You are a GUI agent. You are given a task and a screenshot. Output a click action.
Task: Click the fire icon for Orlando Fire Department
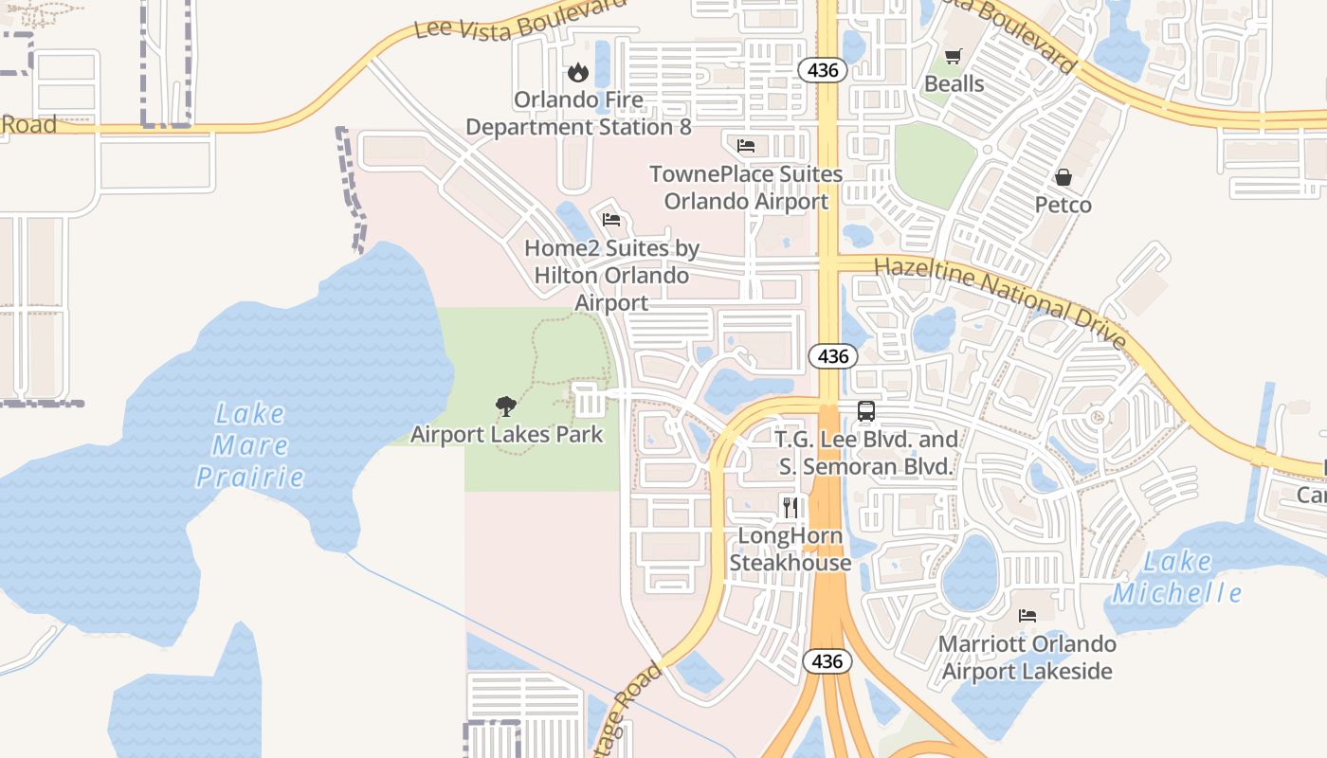(x=577, y=72)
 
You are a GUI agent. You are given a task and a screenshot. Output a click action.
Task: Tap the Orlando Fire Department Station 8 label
(x=578, y=113)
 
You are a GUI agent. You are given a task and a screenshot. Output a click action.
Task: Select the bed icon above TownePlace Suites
(x=746, y=146)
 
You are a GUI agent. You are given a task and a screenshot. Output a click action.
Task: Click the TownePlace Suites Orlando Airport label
(x=746, y=188)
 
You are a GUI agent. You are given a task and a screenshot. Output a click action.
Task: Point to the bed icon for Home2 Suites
(x=611, y=220)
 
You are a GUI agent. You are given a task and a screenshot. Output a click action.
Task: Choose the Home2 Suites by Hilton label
(x=611, y=275)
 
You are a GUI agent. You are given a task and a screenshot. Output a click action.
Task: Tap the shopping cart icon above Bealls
(x=954, y=56)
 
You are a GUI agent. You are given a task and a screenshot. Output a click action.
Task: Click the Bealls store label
(x=954, y=83)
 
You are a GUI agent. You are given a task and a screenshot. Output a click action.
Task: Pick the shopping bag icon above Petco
(x=1063, y=177)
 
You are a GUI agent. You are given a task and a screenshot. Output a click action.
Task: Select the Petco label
(x=1063, y=205)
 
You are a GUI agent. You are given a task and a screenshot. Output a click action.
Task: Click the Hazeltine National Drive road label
(x=1000, y=301)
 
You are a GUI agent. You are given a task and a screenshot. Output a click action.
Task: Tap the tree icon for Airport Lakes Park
(x=506, y=406)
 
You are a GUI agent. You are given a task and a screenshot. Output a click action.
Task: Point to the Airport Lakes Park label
(x=506, y=435)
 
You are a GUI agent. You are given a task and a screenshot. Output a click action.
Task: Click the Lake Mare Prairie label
(x=249, y=444)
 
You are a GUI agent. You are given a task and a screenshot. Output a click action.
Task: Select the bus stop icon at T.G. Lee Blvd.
(x=865, y=411)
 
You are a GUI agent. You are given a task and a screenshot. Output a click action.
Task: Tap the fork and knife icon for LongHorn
(x=790, y=507)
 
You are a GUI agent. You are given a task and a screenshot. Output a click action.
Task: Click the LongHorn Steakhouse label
(x=790, y=550)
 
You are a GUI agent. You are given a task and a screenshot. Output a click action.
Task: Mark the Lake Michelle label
(x=1176, y=577)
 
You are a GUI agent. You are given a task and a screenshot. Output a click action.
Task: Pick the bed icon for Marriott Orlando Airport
(x=1027, y=616)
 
